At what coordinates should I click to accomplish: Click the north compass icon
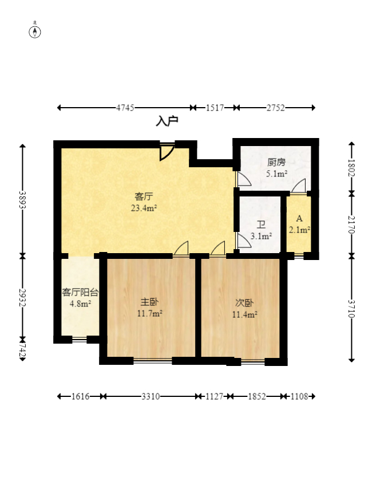(x=35, y=31)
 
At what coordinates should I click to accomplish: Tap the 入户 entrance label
(x=167, y=121)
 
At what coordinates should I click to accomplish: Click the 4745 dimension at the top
(x=125, y=108)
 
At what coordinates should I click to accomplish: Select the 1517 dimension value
(x=214, y=108)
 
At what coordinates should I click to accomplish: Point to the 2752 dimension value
(x=276, y=108)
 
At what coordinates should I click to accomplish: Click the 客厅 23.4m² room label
(x=144, y=202)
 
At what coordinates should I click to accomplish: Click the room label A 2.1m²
(x=299, y=225)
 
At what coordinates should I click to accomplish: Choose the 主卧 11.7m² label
(x=150, y=308)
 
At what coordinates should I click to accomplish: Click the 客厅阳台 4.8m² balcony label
(x=80, y=298)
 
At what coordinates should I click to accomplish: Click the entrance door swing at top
(x=167, y=152)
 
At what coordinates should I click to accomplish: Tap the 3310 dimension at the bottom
(x=151, y=396)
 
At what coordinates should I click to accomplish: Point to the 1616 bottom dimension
(x=81, y=396)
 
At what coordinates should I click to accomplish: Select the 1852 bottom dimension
(x=256, y=396)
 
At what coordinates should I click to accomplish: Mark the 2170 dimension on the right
(x=351, y=225)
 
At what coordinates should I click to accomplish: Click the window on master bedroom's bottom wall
(x=152, y=361)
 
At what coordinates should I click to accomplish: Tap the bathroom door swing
(x=243, y=241)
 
